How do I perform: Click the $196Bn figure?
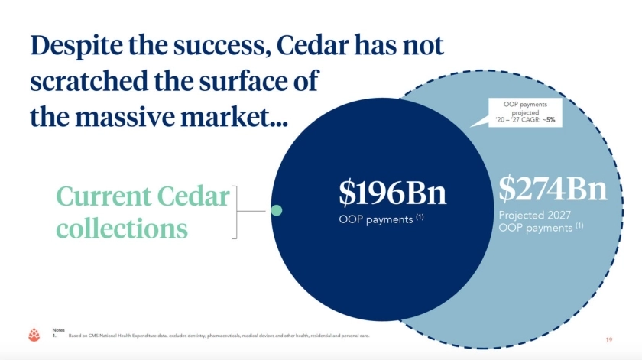(392, 193)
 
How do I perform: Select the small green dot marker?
(277, 210)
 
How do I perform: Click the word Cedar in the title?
(313, 45)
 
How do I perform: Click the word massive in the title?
(125, 117)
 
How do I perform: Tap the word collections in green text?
(122, 228)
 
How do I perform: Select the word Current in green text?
(104, 196)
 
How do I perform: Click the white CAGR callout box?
(525, 112)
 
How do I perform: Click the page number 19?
(609, 340)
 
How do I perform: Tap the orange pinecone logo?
(34, 335)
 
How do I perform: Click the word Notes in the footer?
(59, 329)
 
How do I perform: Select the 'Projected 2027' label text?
(534, 215)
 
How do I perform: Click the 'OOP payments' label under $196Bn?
(376, 220)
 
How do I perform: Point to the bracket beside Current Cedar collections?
(236, 212)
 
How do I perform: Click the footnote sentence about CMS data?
(219, 336)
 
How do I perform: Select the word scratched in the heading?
(89, 81)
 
